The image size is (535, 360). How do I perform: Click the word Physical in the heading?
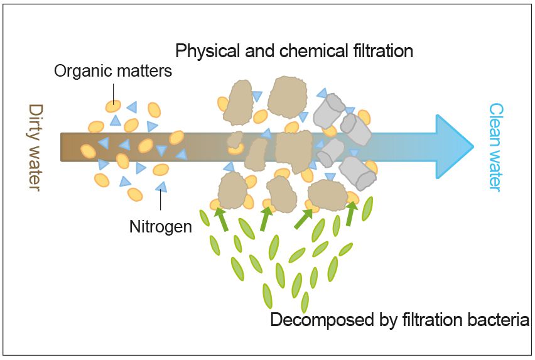tap(202, 50)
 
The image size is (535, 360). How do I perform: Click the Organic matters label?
tap(113, 70)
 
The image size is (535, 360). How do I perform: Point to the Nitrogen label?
tap(161, 226)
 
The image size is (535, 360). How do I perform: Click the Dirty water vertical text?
tap(35, 148)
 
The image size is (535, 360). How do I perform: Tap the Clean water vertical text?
tap(496, 147)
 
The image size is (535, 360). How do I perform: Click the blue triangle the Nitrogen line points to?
tap(161, 186)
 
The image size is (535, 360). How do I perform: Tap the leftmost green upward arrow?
tap(221, 219)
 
